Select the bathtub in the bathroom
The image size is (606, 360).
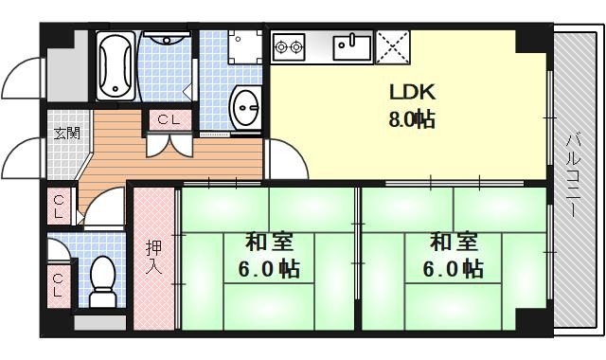[117, 63]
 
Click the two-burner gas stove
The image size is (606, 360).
[289, 45]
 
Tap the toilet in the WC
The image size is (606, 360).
[101, 279]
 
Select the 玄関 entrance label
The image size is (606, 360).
[65, 133]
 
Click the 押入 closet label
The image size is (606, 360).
[153, 258]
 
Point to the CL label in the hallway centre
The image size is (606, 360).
[170, 119]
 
